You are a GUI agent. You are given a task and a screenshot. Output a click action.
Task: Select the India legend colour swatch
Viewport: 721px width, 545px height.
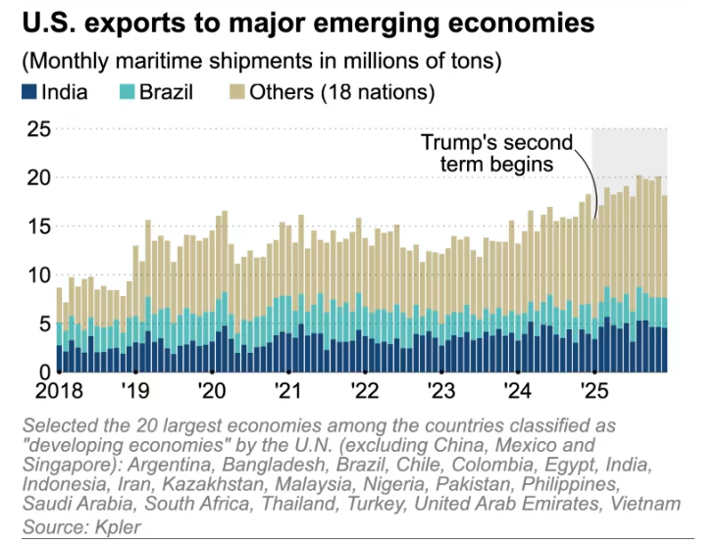click(27, 93)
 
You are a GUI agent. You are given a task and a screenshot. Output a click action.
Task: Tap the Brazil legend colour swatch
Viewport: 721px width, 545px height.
click(128, 93)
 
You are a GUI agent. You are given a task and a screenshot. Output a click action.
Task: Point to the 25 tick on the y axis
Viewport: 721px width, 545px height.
click(38, 128)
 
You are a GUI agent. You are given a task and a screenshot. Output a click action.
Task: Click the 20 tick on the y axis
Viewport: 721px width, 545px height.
click(38, 177)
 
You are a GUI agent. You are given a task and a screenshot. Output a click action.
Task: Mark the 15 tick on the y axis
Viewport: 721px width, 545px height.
click(38, 226)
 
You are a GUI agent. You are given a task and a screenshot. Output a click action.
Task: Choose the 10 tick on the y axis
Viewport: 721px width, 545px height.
click(38, 275)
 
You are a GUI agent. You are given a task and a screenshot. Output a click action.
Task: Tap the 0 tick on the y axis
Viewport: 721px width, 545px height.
click(44, 372)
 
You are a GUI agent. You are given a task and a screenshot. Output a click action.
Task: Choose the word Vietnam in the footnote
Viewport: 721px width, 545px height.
click(645, 504)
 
